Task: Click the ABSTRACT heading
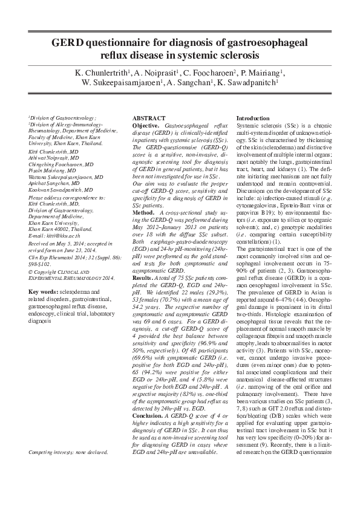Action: click(148, 118)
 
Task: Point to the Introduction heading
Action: click(253, 118)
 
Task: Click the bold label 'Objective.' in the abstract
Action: click(146, 124)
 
